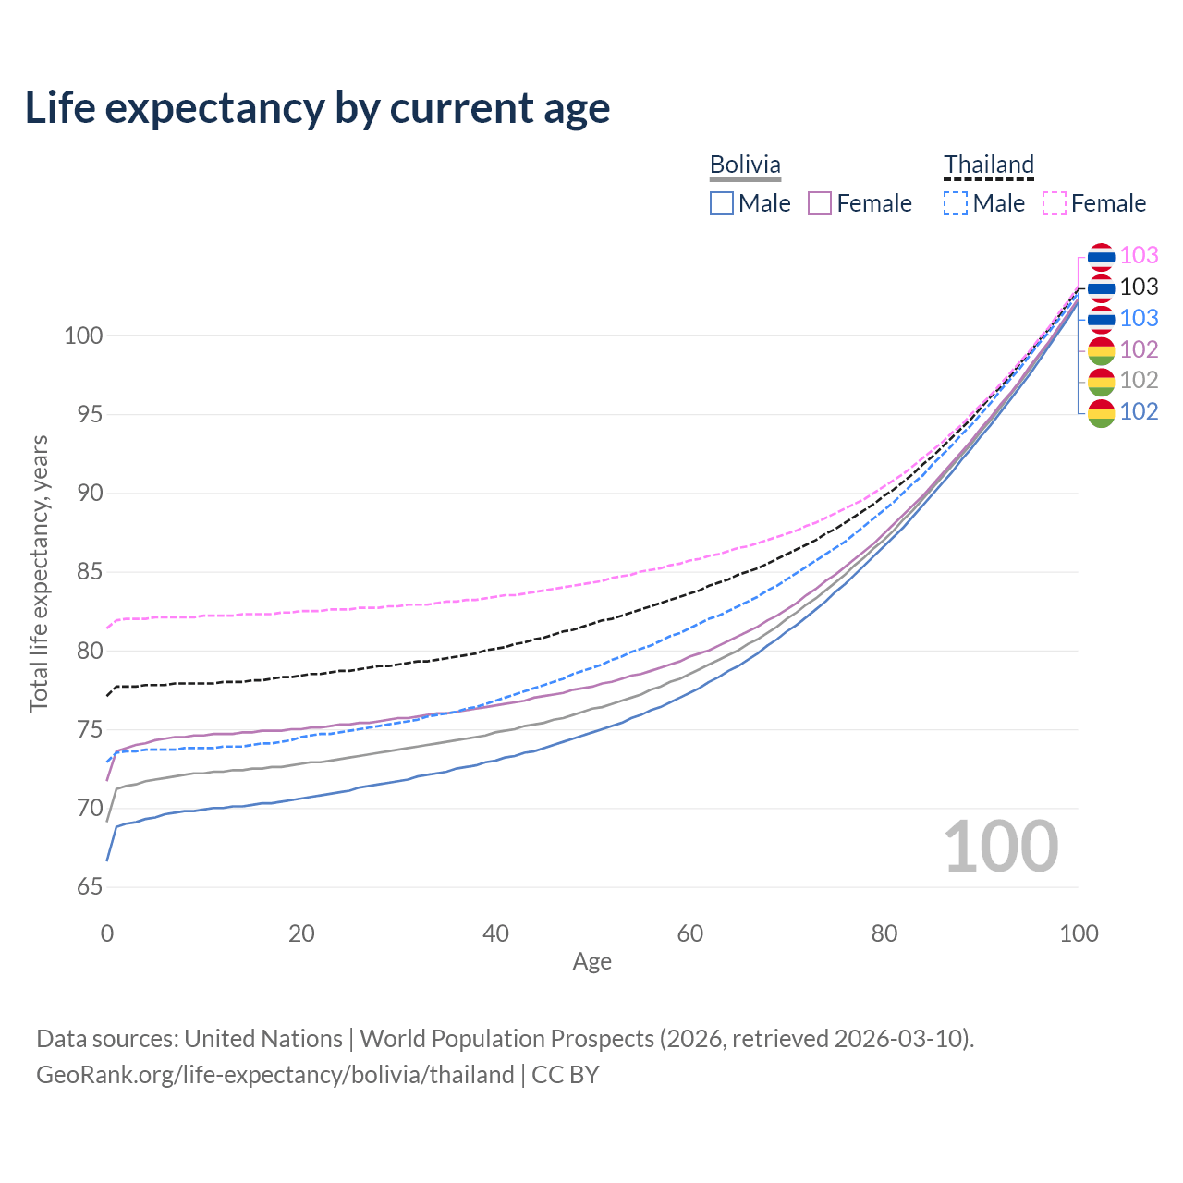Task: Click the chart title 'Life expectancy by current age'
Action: [x=317, y=107]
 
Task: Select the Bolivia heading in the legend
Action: [x=745, y=165]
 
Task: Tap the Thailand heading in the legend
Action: [x=988, y=165]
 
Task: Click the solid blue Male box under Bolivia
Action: [x=721, y=203]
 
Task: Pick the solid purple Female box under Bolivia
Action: [x=820, y=203]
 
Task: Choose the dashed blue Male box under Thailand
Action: [x=956, y=203]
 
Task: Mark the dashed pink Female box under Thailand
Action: [x=1055, y=203]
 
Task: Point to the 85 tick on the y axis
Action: [x=90, y=571]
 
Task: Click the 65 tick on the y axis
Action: [x=90, y=886]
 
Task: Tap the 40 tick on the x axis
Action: [x=495, y=933]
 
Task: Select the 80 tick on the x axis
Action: [x=884, y=933]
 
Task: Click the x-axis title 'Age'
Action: [x=591, y=961]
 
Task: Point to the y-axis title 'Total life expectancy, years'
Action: [x=39, y=573]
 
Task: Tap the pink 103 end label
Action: [x=1139, y=255]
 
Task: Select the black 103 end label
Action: [x=1139, y=287]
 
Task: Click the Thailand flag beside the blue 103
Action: [x=1101, y=319]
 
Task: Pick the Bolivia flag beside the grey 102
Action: [x=1101, y=381]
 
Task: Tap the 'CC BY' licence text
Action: [x=565, y=1074]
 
